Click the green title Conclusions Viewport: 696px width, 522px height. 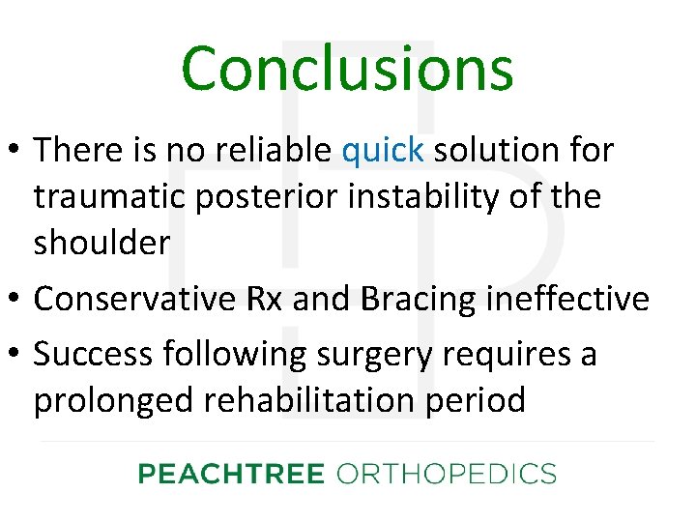(x=347, y=69)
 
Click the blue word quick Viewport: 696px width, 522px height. (x=383, y=150)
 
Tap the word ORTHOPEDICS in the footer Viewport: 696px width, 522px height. (x=446, y=474)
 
